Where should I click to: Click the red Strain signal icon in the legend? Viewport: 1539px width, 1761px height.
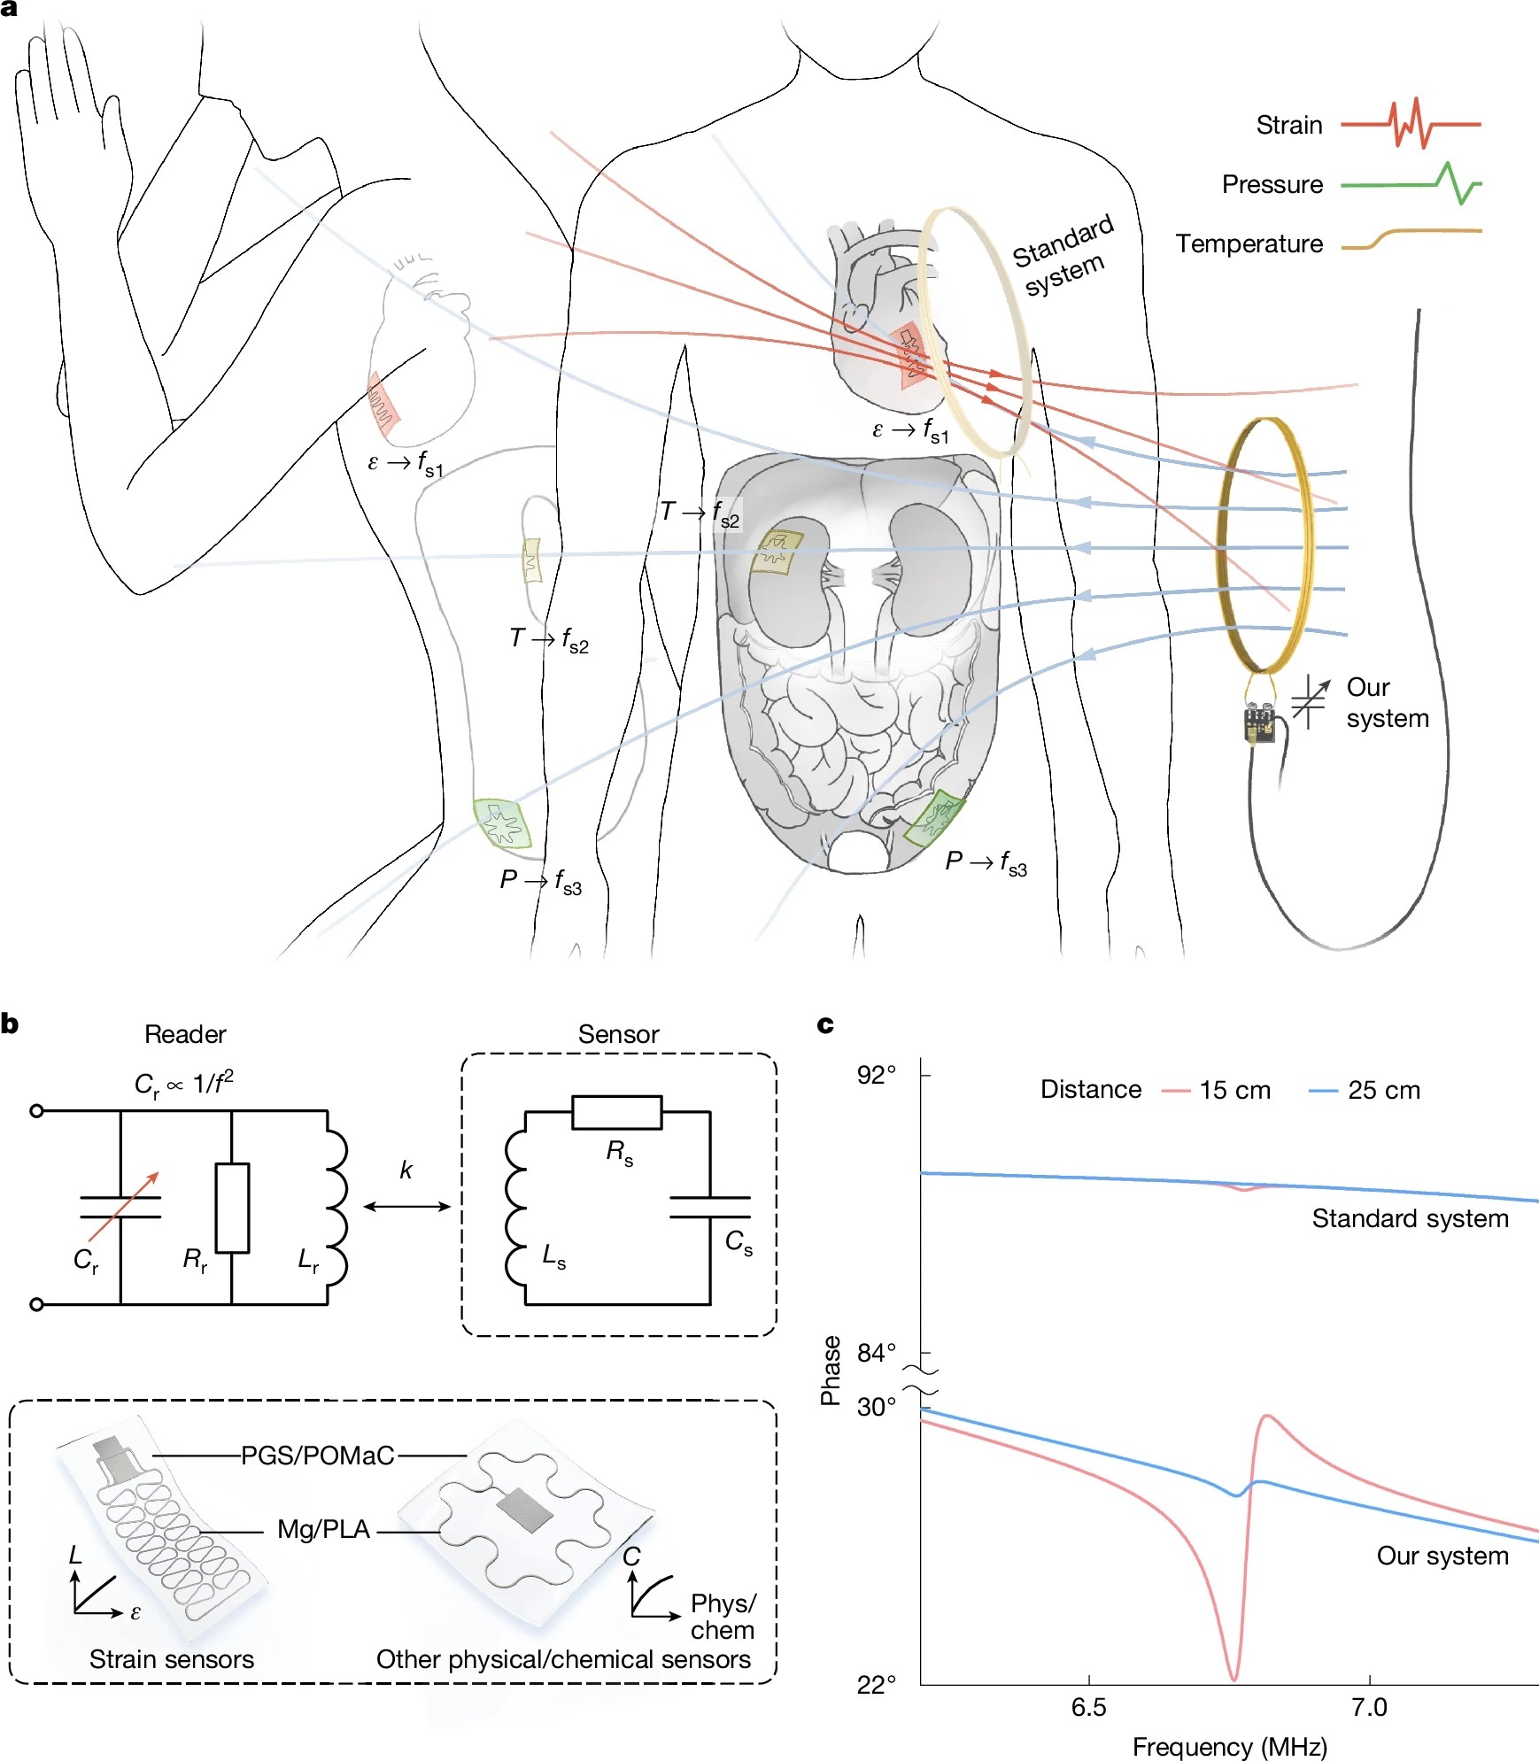pos(1410,124)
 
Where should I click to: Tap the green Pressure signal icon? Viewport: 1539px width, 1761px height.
pos(1411,183)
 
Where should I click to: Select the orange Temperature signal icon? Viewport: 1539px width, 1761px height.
pos(1411,238)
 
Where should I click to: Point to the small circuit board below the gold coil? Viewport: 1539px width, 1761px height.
pos(1259,722)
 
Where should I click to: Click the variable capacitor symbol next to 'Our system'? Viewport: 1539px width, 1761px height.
pos(1310,702)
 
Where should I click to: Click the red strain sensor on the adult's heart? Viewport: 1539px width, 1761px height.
pos(912,356)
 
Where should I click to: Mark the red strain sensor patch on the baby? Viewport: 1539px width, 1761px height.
pos(383,405)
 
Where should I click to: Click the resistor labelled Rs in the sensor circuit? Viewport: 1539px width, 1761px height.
pos(616,1112)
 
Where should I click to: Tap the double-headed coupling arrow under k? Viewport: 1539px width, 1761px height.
pos(406,1206)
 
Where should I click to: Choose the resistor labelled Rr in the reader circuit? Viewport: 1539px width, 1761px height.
pos(232,1208)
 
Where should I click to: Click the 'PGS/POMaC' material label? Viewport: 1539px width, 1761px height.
pos(317,1456)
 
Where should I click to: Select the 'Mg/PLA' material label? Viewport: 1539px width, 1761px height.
pos(323,1529)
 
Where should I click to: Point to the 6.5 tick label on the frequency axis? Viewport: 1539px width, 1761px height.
pos(1087,1708)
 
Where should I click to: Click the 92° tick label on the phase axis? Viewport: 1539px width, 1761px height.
pos(876,1075)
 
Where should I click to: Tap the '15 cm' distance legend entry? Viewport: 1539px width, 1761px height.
pos(1234,1090)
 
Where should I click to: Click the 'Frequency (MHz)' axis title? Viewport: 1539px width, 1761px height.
pos(1229,1747)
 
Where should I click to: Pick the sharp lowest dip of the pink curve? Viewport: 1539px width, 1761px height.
pos(1234,1678)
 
